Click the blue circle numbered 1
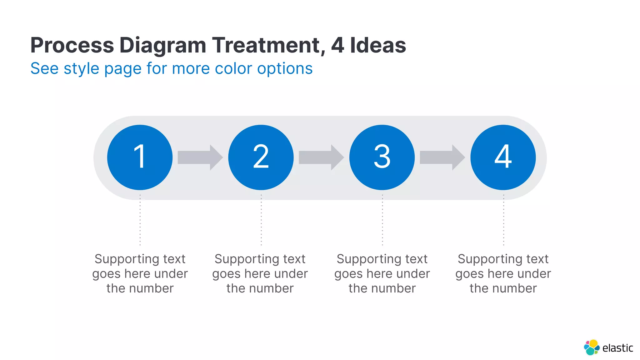point(140,157)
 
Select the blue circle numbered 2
point(261,157)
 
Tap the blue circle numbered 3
point(382,157)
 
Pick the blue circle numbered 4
point(503,157)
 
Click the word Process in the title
point(72,45)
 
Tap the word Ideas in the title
point(378,45)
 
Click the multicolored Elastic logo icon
point(591,347)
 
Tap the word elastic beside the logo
point(617,348)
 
